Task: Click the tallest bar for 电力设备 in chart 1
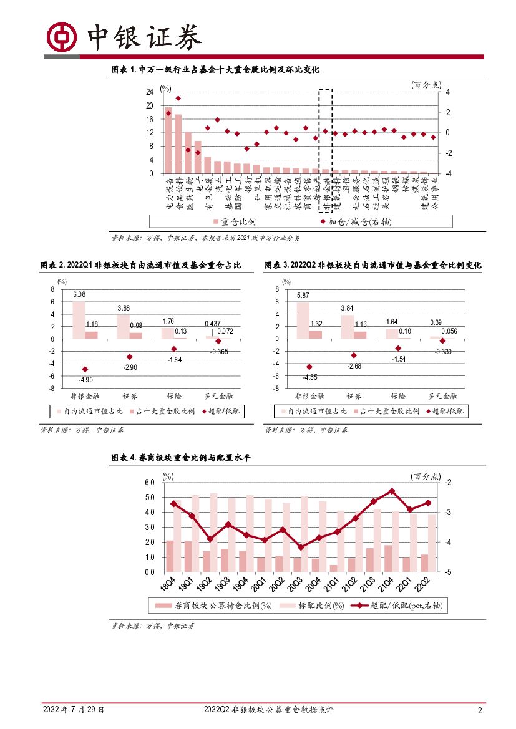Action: click(x=168, y=140)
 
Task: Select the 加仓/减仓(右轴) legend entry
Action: click(x=353, y=221)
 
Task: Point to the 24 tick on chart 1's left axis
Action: click(x=150, y=92)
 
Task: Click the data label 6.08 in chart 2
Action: click(x=79, y=294)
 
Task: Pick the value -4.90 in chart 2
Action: click(x=85, y=379)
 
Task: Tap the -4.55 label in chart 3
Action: click(x=309, y=377)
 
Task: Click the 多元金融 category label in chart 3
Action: click(x=443, y=395)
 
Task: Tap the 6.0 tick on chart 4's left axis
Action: click(x=149, y=483)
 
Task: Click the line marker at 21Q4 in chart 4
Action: click(x=391, y=491)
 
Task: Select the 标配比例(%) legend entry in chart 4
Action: click(x=309, y=606)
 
